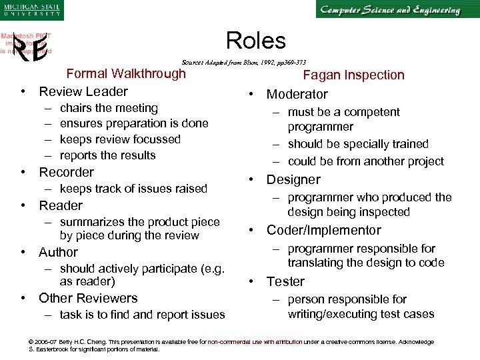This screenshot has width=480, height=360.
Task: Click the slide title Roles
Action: click(x=256, y=41)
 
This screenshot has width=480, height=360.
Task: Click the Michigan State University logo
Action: click(x=31, y=11)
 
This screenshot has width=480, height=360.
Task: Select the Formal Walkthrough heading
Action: click(x=126, y=73)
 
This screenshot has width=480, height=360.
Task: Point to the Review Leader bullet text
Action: click(x=83, y=91)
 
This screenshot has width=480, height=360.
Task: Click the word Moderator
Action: click(x=297, y=95)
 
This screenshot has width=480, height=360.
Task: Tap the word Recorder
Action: click(x=67, y=172)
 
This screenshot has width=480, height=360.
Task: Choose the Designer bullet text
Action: click(x=293, y=179)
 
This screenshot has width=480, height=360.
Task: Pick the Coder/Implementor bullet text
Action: click(x=324, y=231)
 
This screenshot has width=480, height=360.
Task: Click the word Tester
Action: click(x=285, y=282)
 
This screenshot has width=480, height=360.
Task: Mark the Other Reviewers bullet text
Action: click(x=88, y=298)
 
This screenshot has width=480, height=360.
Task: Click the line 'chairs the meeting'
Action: click(x=109, y=108)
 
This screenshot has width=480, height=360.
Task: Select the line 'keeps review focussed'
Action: click(x=120, y=139)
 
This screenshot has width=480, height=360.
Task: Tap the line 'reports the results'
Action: click(x=107, y=155)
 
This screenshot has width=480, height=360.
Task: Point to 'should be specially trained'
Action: click(x=358, y=144)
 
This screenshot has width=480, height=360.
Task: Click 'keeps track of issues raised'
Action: click(x=133, y=189)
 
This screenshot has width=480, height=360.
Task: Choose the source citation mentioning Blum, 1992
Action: click(x=244, y=62)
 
